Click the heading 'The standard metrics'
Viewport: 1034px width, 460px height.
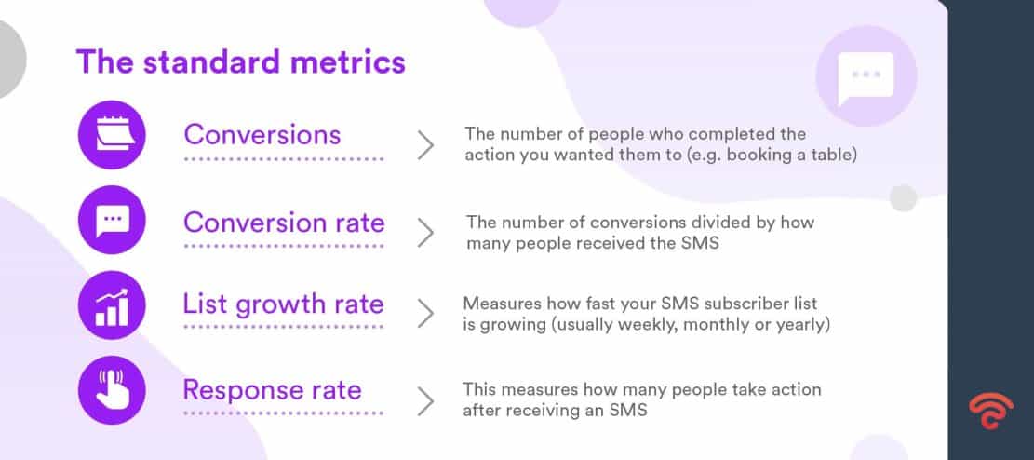[x=240, y=61]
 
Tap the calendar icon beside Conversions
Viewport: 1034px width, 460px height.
[x=113, y=134]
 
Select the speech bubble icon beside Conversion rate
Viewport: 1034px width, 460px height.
[x=113, y=220]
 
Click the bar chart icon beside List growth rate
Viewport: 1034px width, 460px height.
[x=113, y=305]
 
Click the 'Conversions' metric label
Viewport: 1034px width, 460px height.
[x=262, y=134]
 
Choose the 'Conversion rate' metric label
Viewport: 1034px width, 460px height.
[x=284, y=223]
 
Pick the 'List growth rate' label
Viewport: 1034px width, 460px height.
[x=283, y=304]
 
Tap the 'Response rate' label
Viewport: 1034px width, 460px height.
[x=272, y=389]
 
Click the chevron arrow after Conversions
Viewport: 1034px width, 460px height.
[x=425, y=145]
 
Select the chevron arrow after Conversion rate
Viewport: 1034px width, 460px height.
[x=425, y=233]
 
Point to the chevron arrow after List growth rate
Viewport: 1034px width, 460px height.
[x=425, y=315]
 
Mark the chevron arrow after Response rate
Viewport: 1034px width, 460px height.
[x=425, y=401]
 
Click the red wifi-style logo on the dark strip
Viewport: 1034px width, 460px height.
[x=990, y=410]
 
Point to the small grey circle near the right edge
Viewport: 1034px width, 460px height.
[x=903, y=197]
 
